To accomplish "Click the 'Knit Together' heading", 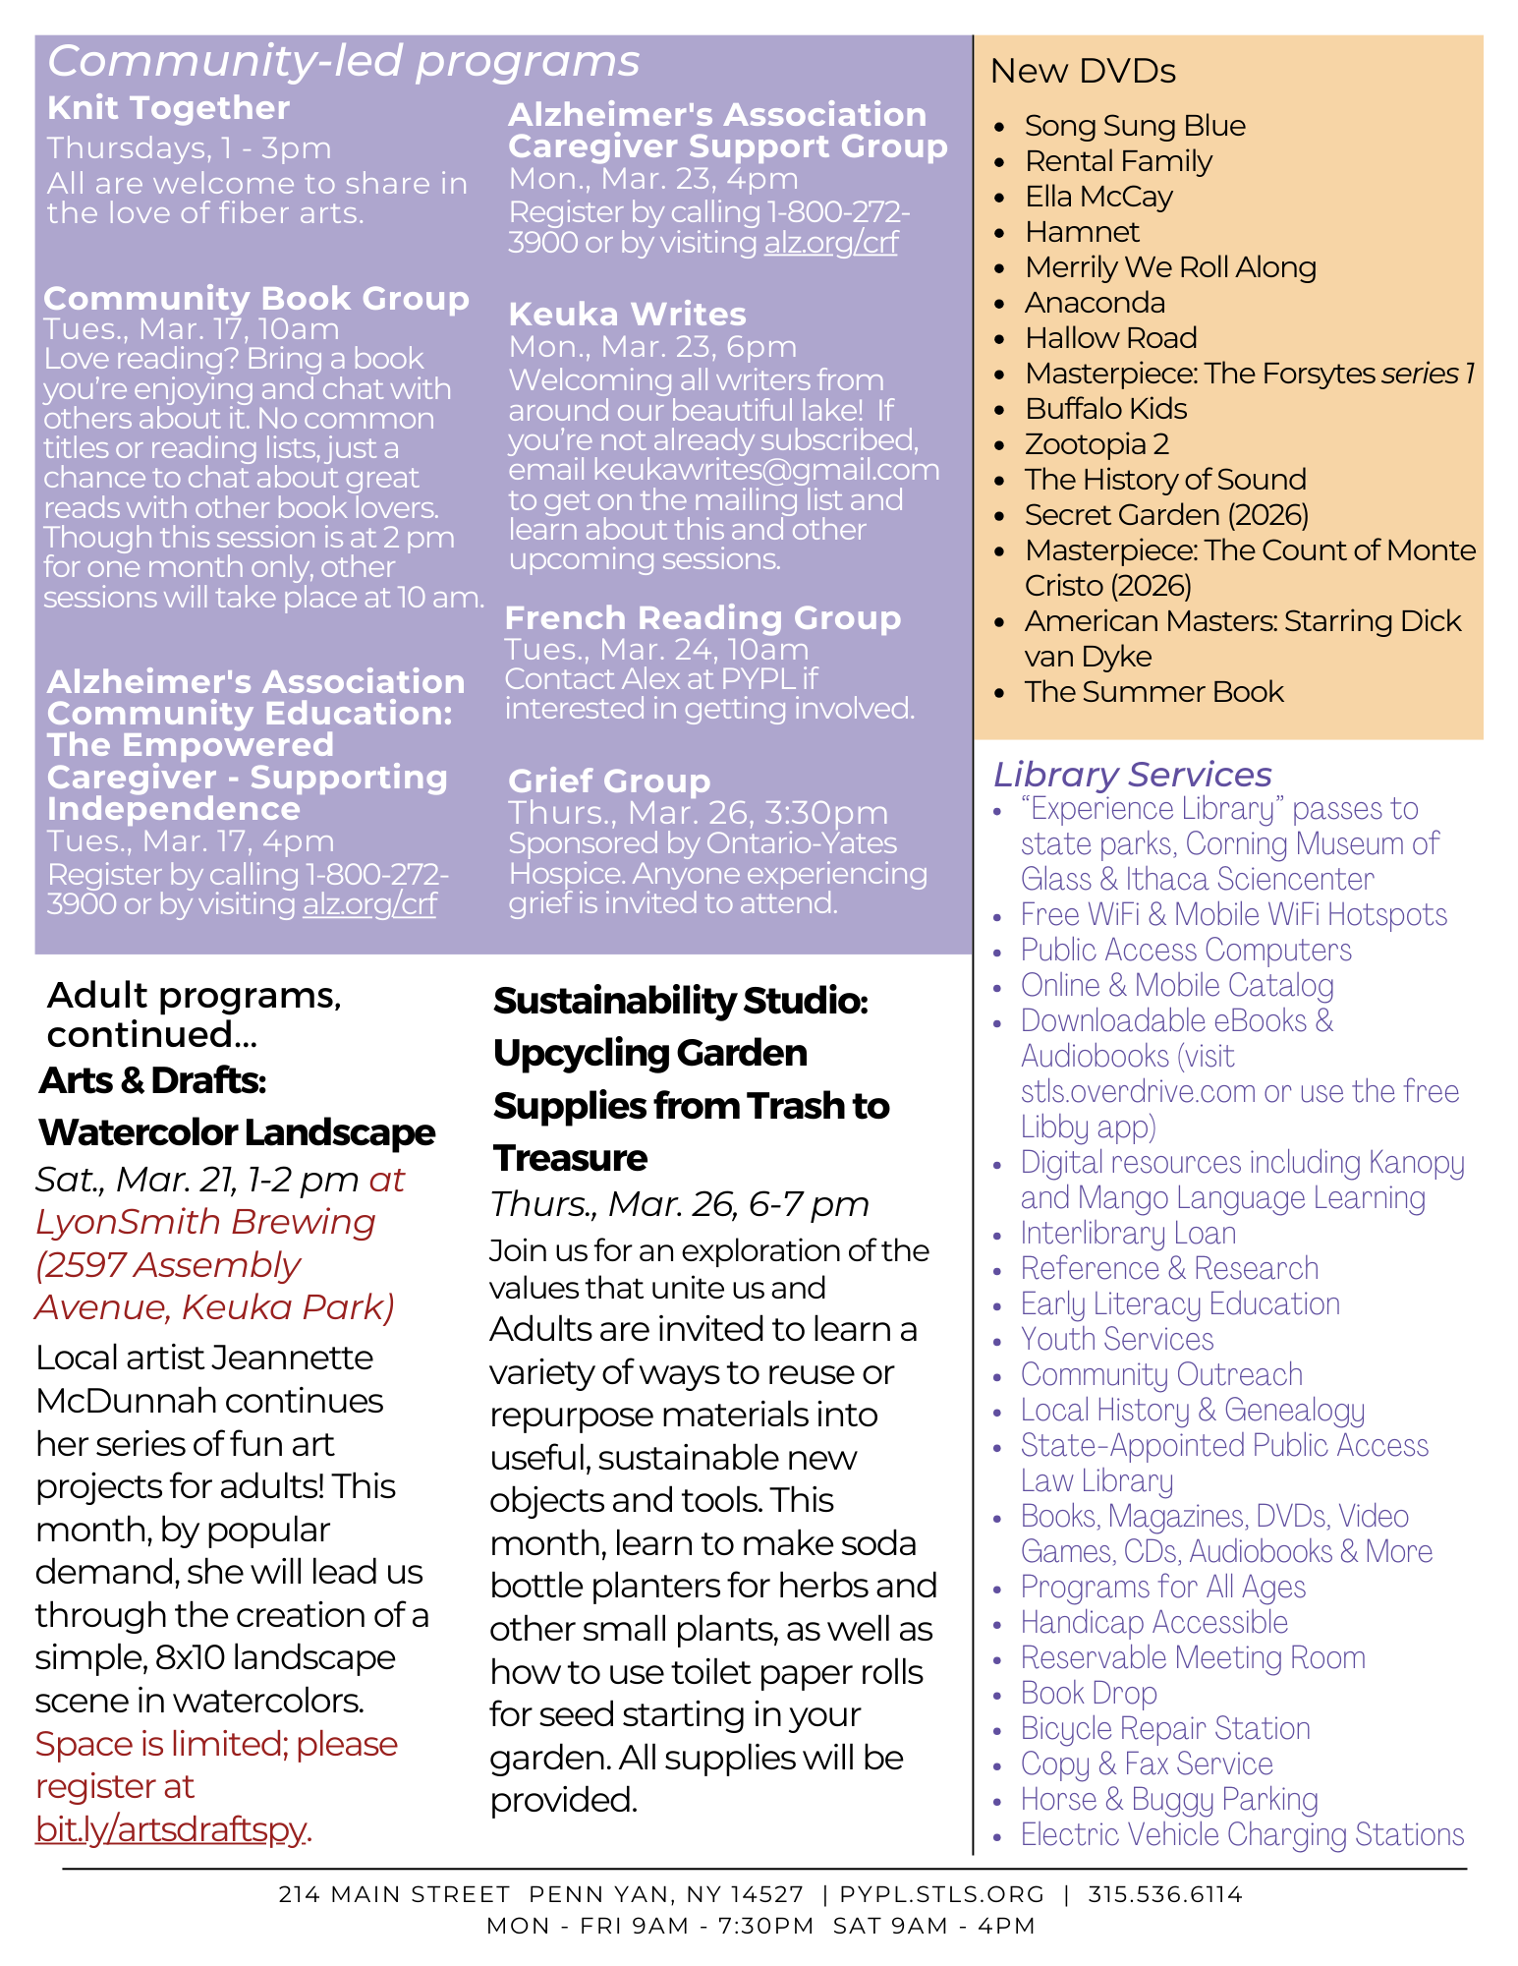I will coord(168,108).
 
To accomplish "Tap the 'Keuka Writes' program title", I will coord(627,315).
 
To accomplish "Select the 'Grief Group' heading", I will coord(609,781).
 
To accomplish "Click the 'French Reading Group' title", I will coord(703,618).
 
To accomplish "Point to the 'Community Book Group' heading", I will coord(256,299).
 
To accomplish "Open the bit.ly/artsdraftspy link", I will coord(171,1829).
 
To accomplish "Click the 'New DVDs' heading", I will coord(1083,72).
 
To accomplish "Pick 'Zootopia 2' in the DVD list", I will coord(1096,444).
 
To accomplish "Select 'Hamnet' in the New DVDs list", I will coord(1082,232).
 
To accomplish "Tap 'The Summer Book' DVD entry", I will coord(1153,692).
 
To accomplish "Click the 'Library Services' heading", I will coord(1132,775).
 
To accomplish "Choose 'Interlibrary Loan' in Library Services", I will coord(1128,1234).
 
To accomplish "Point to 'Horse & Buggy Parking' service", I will coord(1169,1800).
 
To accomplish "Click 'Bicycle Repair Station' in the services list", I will coord(1165,1729).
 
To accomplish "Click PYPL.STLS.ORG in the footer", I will coord(942,1894).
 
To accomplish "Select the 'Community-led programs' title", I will coord(344,61).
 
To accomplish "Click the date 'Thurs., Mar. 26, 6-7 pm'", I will coord(680,1204).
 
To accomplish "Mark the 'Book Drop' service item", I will coord(1089,1694).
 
